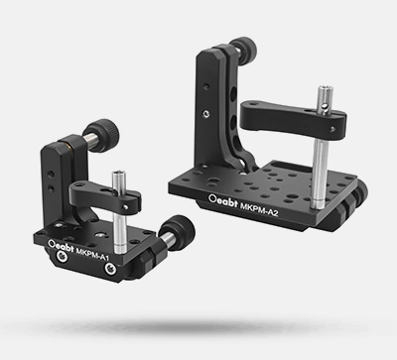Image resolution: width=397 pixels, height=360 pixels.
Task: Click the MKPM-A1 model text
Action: coord(92,253)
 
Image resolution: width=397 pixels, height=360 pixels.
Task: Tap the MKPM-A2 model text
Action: coord(259,209)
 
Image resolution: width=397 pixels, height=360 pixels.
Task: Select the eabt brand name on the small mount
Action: coord(65,247)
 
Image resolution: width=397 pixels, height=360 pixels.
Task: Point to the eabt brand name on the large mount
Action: coord(227,201)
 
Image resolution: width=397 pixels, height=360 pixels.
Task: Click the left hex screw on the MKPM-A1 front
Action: coord(61,256)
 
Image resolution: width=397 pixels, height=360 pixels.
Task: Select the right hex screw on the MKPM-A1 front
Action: coord(110,269)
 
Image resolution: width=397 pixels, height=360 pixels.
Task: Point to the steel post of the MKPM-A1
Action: coord(119,210)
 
